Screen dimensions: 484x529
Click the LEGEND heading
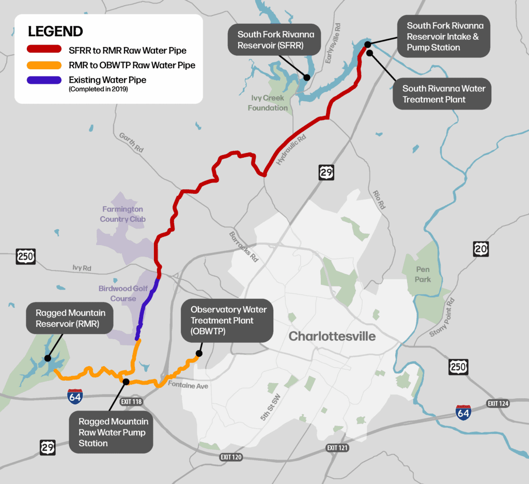55,32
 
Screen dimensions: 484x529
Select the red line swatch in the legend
44,51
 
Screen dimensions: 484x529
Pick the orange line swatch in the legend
44,65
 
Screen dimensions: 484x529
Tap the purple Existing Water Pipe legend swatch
44,80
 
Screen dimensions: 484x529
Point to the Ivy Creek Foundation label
268,103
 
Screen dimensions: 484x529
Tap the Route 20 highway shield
480,249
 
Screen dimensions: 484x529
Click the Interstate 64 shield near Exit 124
463,411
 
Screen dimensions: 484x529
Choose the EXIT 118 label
131,401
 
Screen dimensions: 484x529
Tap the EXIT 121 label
337,447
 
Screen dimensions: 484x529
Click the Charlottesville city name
332,337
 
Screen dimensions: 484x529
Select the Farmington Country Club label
122,214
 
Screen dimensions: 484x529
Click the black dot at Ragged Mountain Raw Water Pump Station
126,381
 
